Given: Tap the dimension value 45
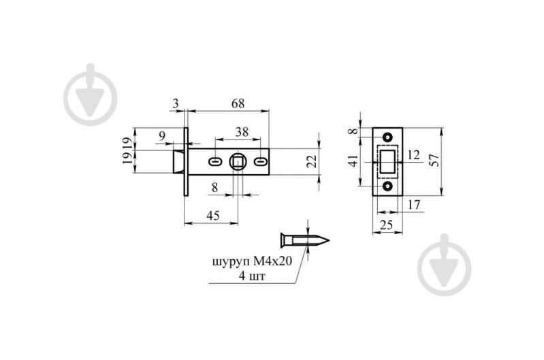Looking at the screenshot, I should tap(212, 216).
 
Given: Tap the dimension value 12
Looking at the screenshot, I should tap(414, 155).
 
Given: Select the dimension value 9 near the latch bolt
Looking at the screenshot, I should tap(161, 136).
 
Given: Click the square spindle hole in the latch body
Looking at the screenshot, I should tap(238, 162).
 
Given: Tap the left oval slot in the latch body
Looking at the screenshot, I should tap(214, 162).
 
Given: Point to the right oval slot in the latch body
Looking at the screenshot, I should tap(261, 162).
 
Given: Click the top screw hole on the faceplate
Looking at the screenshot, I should tap(389, 136).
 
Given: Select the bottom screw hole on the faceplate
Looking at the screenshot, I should tap(389, 186).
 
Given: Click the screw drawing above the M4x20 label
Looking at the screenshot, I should tap(305, 240).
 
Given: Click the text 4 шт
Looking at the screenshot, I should tap(251, 276).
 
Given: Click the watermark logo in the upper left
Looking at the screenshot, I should tap(91, 95).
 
